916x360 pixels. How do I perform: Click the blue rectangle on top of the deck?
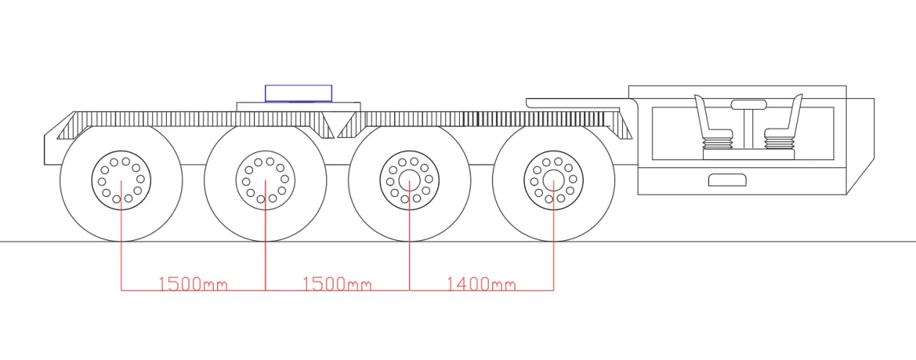(299, 93)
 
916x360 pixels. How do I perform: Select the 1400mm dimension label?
(481, 284)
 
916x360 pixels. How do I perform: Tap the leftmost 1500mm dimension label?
(193, 284)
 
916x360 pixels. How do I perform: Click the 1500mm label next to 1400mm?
(337, 284)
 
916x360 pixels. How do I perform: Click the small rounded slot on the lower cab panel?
(727, 180)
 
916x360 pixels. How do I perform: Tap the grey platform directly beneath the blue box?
(297, 107)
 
